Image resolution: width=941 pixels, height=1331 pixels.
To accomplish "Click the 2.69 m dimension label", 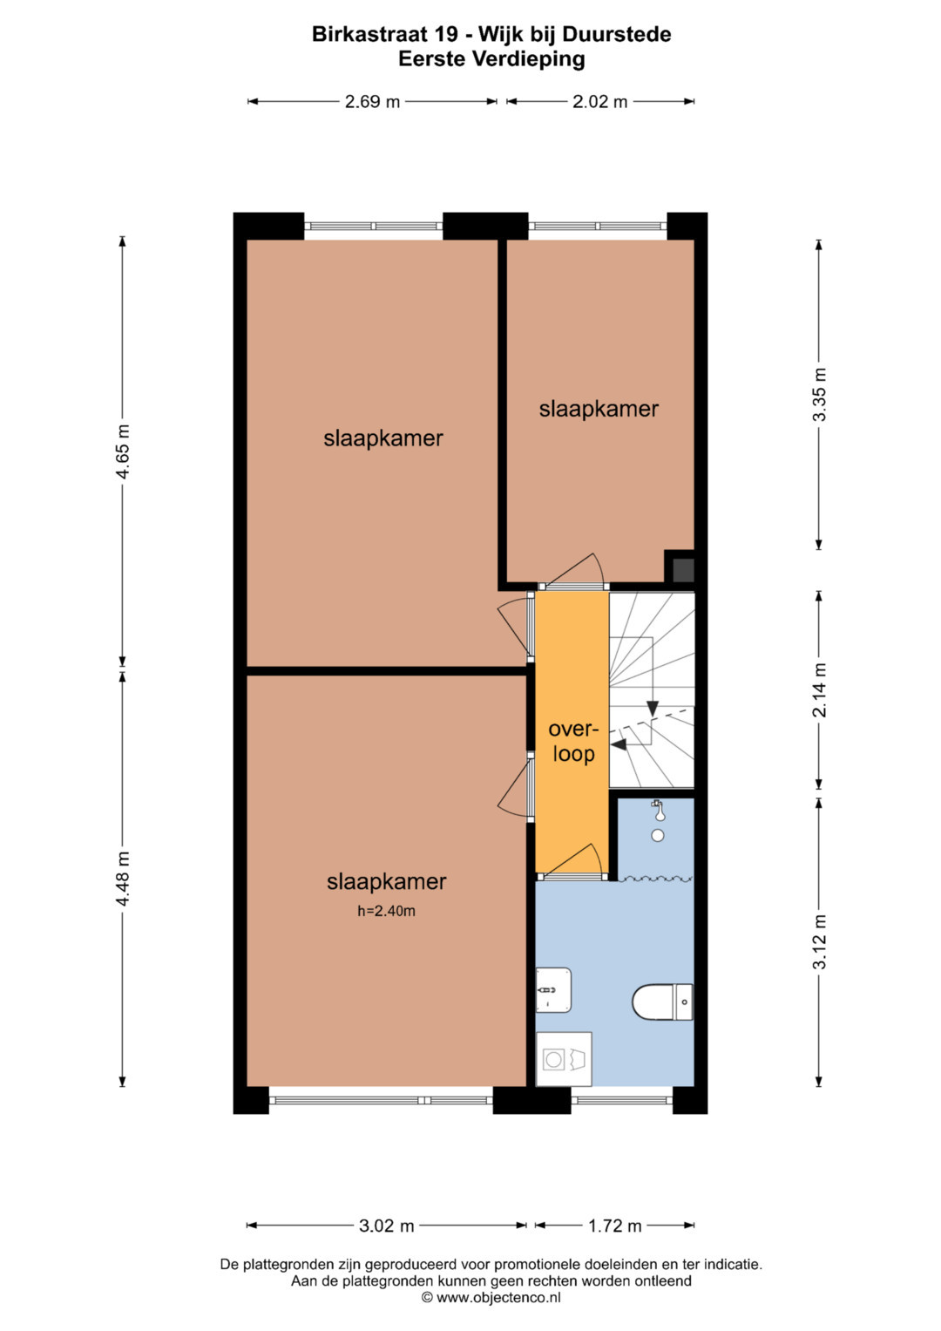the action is click(x=373, y=102).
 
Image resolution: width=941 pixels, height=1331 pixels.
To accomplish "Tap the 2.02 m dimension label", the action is click(x=600, y=102).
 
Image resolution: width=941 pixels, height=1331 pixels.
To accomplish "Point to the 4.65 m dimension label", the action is click(x=123, y=452).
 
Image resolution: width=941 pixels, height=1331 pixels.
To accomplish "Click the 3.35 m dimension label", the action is click(x=819, y=395).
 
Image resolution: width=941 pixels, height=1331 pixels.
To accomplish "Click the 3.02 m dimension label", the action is click(x=387, y=1226).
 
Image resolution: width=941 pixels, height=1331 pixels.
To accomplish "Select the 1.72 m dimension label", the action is click(x=615, y=1226).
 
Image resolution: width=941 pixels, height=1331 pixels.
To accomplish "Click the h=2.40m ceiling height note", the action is click(x=386, y=911).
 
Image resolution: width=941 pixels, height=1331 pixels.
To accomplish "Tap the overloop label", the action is click(x=574, y=742).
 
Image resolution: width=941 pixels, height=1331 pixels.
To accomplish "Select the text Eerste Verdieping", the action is click(x=492, y=59).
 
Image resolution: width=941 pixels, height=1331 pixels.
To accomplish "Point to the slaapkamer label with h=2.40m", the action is click(x=386, y=882).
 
